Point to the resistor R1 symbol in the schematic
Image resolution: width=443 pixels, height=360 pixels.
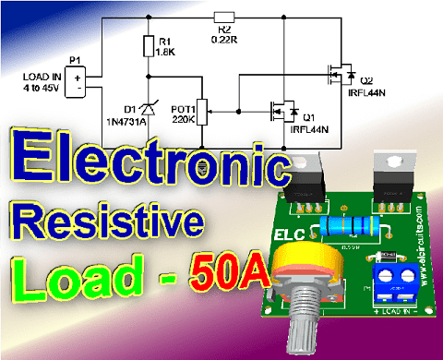coord(149,45)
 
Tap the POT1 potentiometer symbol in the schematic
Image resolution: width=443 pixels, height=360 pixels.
coord(204,111)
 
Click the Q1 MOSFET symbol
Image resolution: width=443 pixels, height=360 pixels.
coord(281,112)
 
